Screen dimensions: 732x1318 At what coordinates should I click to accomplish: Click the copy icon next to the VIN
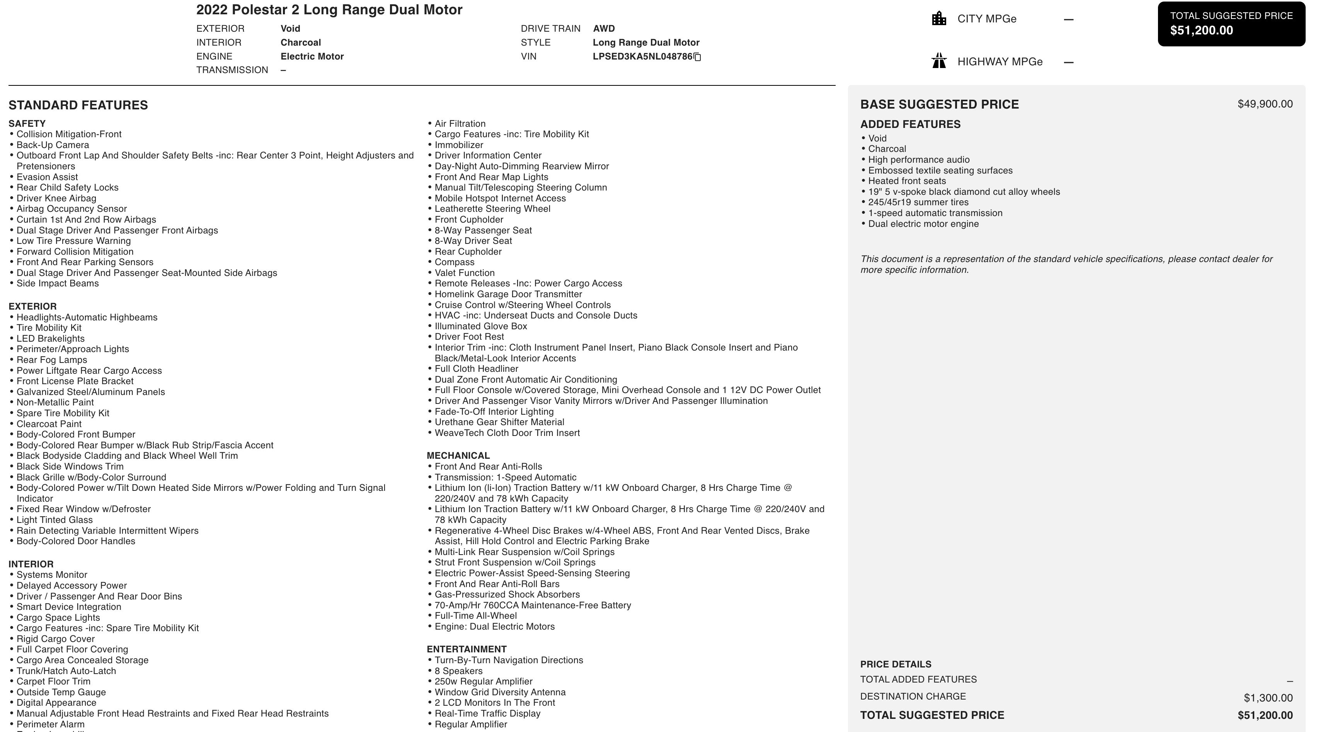click(x=697, y=57)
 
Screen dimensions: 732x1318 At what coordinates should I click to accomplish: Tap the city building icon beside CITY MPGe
click(x=939, y=19)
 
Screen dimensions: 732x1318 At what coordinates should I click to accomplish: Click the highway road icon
click(x=939, y=61)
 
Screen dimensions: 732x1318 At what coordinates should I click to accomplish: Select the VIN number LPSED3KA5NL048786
click(x=642, y=57)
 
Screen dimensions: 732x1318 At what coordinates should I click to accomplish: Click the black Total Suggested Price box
click(x=1231, y=24)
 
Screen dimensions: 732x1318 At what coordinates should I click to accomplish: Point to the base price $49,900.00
click(x=1265, y=104)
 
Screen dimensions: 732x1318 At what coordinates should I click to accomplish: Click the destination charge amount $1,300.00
click(x=1268, y=698)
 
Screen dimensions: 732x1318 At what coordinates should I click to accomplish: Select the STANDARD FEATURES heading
click(x=78, y=106)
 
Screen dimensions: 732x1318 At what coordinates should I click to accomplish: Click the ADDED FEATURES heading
click(x=910, y=124)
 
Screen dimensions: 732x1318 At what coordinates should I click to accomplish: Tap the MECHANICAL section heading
click(x=458, y=456)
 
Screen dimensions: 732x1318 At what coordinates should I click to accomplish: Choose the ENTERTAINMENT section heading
click(x=467, y=649)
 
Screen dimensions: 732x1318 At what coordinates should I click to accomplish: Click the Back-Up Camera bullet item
click(x=53, y=145)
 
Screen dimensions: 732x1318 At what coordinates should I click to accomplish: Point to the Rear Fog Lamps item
click(x=52, y=360)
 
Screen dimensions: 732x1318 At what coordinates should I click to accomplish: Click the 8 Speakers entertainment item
click(x=458, y=671)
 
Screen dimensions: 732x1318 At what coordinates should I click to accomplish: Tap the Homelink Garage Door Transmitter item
click(x=508, y=294)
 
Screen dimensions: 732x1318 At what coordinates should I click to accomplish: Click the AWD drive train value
click(x=604, y=29)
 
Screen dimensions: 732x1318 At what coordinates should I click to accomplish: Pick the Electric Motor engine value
click(x=312, y=56)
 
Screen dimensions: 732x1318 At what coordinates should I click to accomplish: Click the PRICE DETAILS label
click(x=896, y=664)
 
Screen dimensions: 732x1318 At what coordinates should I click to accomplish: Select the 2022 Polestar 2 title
click(x=329, y=10)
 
